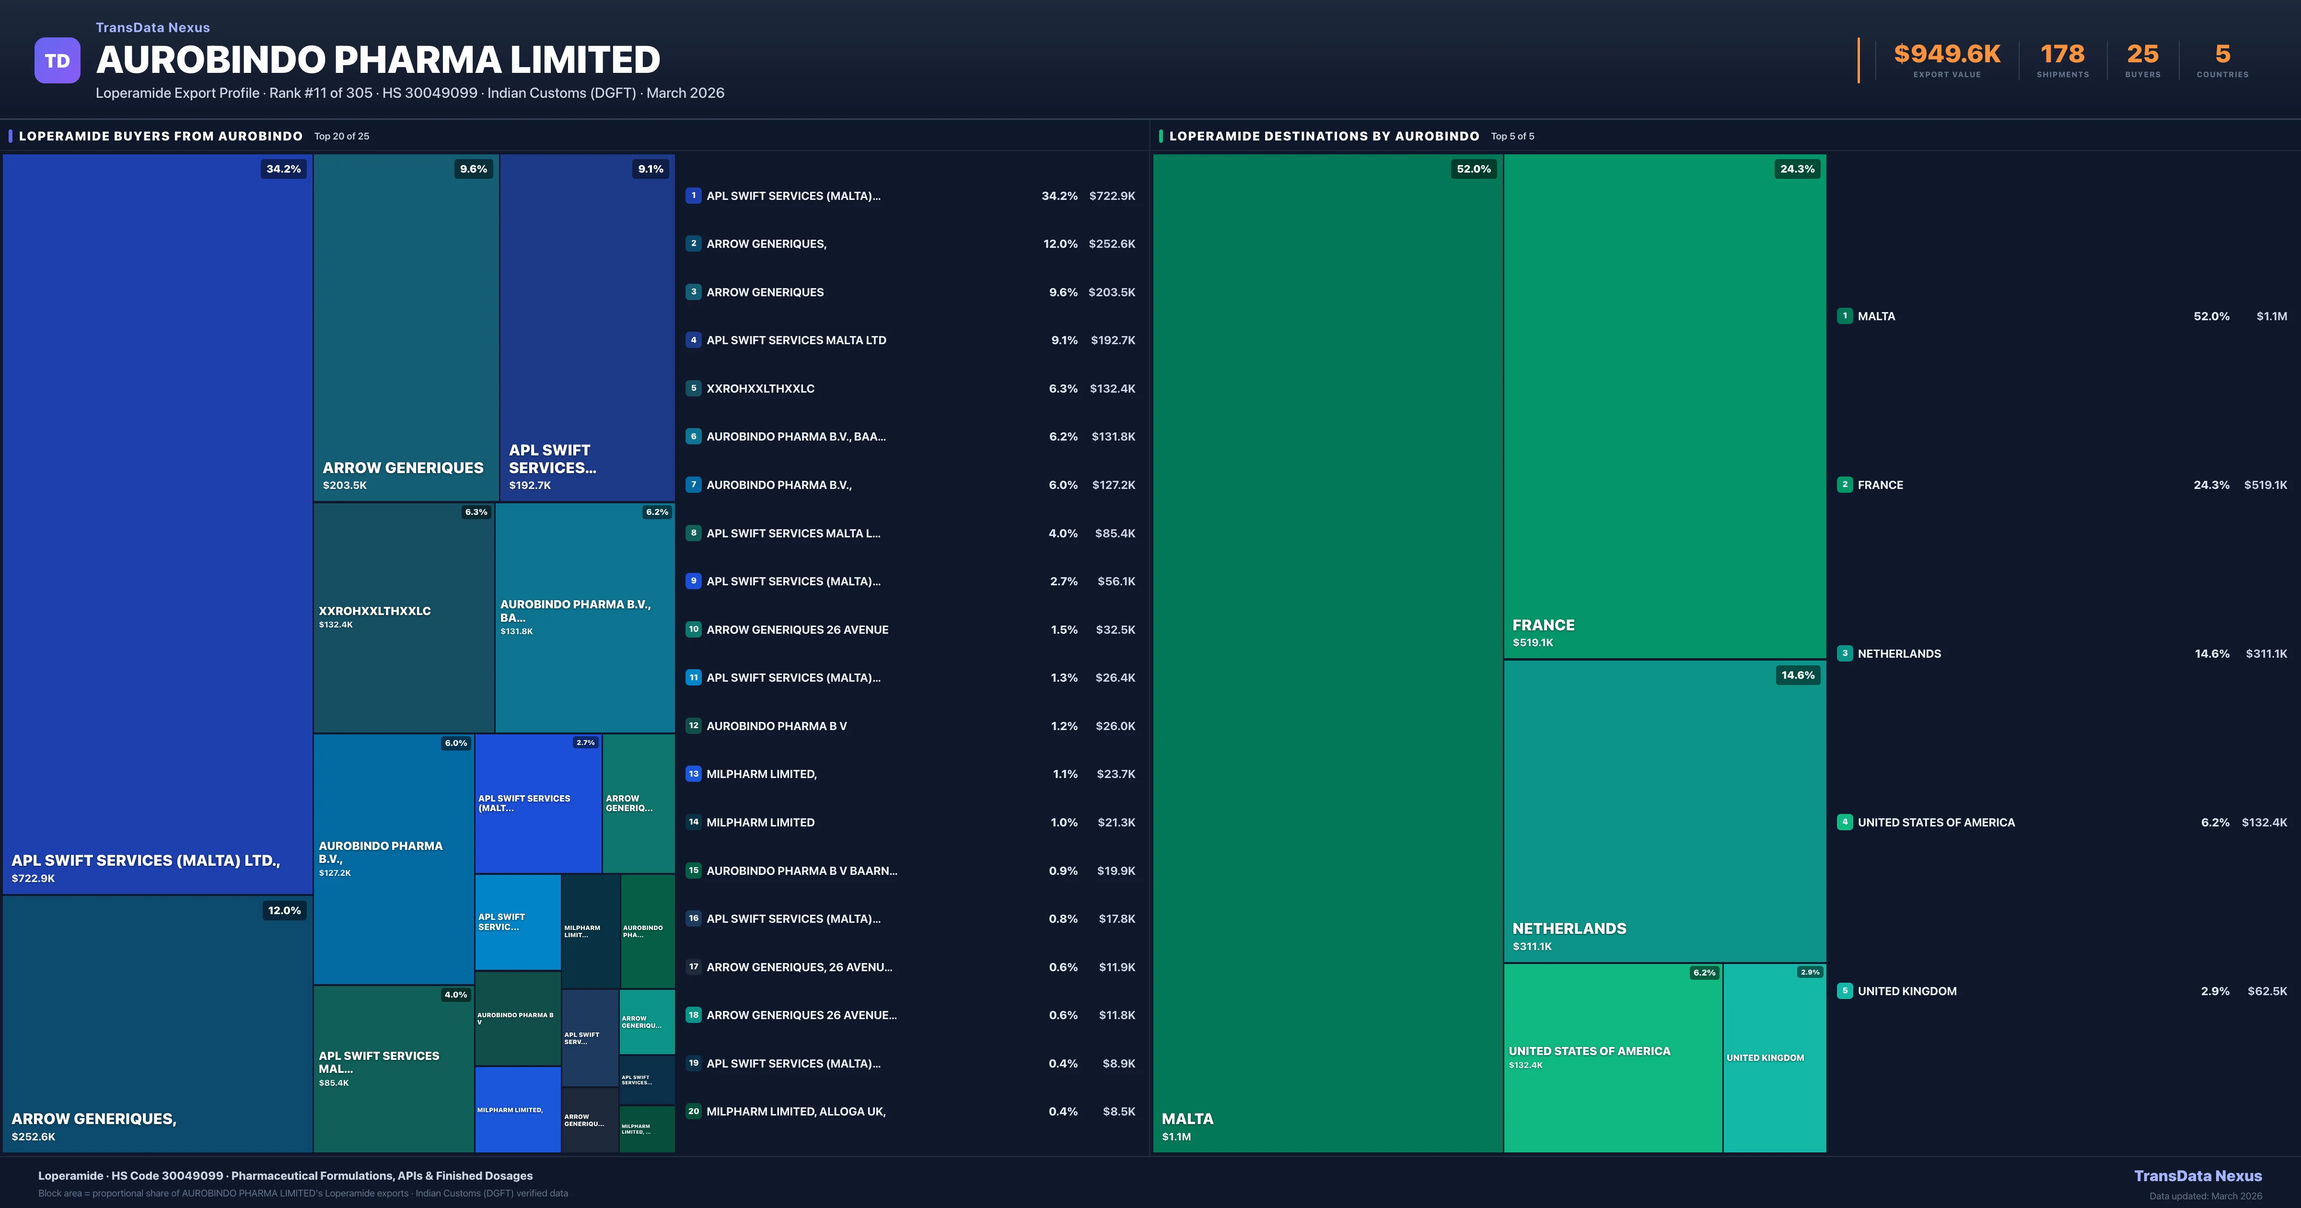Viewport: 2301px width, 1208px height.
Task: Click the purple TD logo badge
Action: tap(57, 61)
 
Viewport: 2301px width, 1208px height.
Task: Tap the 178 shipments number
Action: tap(2062, 55)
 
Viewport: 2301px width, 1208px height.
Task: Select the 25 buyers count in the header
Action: tap(2142, 55)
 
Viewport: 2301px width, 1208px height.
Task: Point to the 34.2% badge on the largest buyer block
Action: tap(283, 169)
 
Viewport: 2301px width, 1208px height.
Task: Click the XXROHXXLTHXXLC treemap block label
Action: tap(374, 611)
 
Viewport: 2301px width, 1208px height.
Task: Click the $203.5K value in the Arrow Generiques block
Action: tap(345, 485)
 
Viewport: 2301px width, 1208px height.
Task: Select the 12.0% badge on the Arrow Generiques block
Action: tap(284, 910)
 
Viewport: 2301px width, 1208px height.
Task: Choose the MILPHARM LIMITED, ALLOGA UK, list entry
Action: tap(795, 1112)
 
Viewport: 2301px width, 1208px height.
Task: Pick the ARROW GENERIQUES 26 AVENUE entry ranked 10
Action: tap(797, 630)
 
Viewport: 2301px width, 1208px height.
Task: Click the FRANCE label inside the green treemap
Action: tap(1543, 626)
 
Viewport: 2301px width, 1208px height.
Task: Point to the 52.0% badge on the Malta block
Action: tap(1473, 169)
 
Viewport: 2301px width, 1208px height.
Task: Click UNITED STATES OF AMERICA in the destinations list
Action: tap(1936, 823)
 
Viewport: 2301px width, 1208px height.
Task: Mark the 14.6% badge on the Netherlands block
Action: tap(1797, 675)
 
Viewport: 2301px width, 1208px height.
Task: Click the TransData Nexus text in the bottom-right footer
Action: tap(2197, 1176)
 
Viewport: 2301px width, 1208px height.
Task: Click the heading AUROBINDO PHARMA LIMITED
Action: tap(378, 60)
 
